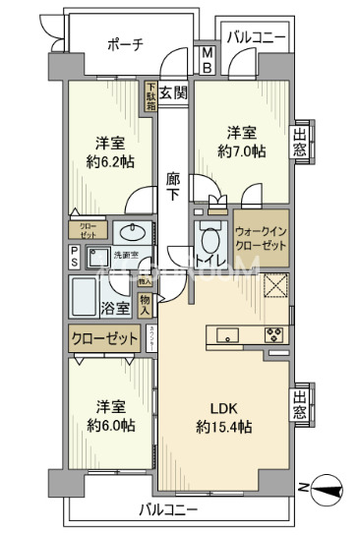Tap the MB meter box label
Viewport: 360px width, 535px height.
point(208,59)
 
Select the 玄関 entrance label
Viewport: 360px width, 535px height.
point(173,93)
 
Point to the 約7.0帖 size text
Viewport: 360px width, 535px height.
point(241,152)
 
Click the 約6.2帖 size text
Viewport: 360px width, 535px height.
point(109,162)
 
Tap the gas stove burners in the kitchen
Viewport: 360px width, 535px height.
point(274,335)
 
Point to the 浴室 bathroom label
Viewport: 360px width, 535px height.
point(116,308)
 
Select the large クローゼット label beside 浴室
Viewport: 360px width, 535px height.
point(104,340)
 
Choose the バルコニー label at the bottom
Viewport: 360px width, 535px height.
point(168,511)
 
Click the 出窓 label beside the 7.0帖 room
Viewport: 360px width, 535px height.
point(300,141)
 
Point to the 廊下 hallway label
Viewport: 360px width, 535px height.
point(172,187)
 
